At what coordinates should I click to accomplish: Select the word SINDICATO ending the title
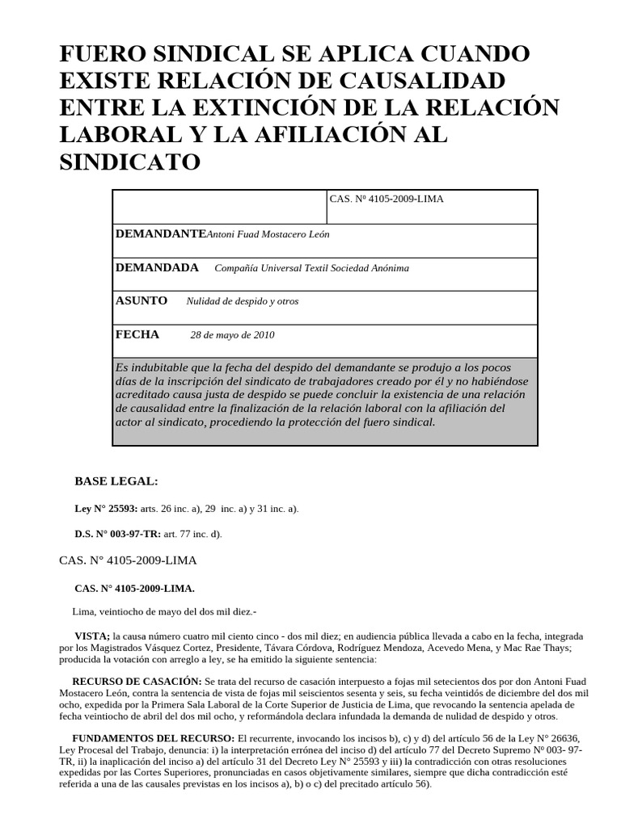pos(130,162)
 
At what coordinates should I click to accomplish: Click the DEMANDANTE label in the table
pos(161,233)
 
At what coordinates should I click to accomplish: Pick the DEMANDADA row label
pos(157,267)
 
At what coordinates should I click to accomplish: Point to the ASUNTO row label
pos(142,300)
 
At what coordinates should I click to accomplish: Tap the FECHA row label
pos(137,334)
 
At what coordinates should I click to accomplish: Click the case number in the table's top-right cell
pos(387,199)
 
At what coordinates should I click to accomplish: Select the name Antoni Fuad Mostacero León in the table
pos(268,234)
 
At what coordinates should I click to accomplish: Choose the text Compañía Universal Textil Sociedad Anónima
pos(311,268)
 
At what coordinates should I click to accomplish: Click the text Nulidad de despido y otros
pos(243,301)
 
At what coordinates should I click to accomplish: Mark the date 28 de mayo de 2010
pos(232,335)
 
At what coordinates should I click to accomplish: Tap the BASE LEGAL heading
pos(116,481)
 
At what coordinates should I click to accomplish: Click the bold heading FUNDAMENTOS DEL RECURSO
pos(153,739)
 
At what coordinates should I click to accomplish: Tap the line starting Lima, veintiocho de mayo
pos(163,611)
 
